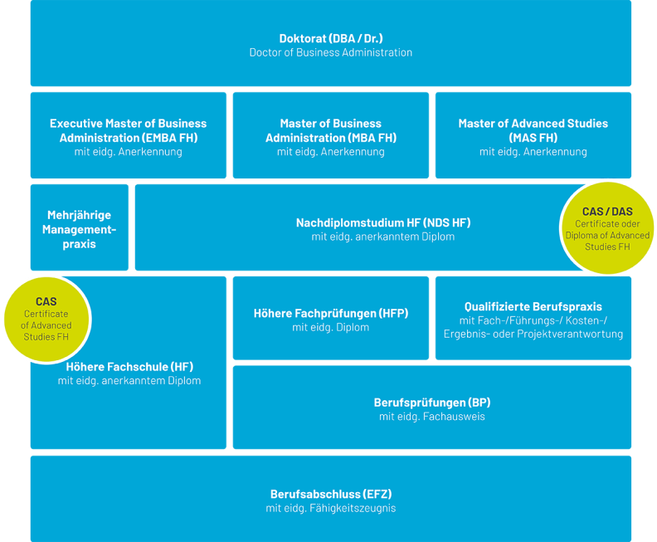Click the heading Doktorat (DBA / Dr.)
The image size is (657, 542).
[x=330, y=38]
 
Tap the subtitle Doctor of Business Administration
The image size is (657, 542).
[x=330, y=52]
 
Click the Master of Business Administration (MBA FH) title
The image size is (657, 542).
[x=330, y=130]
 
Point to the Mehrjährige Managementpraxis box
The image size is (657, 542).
[x=79, y=229]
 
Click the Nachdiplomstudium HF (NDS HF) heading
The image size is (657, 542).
[x=382, y=222]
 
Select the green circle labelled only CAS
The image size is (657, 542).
[x=46, y=319]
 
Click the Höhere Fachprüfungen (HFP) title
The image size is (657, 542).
[x=330, y=313]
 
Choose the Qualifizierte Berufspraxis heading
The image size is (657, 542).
[x=533, y=306]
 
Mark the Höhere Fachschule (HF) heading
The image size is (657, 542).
[x=129, y=366]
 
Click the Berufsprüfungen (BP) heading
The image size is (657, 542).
[x=431, y=403]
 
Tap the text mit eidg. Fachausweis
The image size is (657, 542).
[x=431, y=417]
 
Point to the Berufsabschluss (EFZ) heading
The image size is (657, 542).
[x=330, y=494]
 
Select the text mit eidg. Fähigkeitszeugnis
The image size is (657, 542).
[x=330, y=508]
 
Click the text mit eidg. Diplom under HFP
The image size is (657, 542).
[x=330, y=327]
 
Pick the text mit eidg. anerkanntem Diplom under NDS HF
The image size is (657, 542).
[x=382, y=237]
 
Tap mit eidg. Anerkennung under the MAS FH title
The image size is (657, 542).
[x=533, y=152]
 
